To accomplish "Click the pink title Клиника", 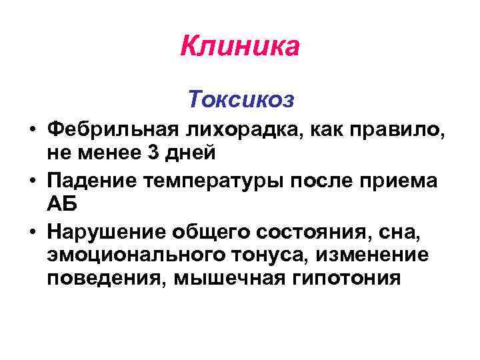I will coord(240,47).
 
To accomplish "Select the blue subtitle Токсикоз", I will coord(240,99).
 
